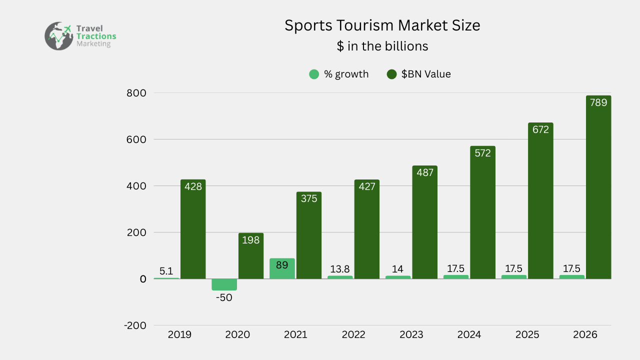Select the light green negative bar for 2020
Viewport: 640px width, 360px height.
pyautogui.click(x=224, y=284)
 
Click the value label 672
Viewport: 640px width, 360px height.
pyautogui.click(x=540, y=129)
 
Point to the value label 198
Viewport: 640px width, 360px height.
pyautogui.click(x=250, y=240)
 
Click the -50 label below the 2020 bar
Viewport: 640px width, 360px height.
pyautogui.click(x=224, y=297)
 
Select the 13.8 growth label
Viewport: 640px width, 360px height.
pyautogui.click(x=340, y=269)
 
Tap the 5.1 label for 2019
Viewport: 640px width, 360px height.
pyautogui.click(x=166, y=271)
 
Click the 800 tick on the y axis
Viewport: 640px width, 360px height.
pyautogui.click(x=136, y=93)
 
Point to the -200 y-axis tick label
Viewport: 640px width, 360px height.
pyautogui.click(x=135, y=325)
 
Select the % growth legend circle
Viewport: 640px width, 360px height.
pyautogui.click(x=314, y=74)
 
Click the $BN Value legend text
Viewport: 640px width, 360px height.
pyautogui.click(x=426, y=74)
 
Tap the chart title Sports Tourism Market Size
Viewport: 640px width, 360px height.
pyautogui.click(x=382, y=25)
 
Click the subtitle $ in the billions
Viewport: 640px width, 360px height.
pyautogui.click(x=382, y=46)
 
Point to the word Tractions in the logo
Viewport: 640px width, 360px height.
pyautogui.click(x=96, y=36)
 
